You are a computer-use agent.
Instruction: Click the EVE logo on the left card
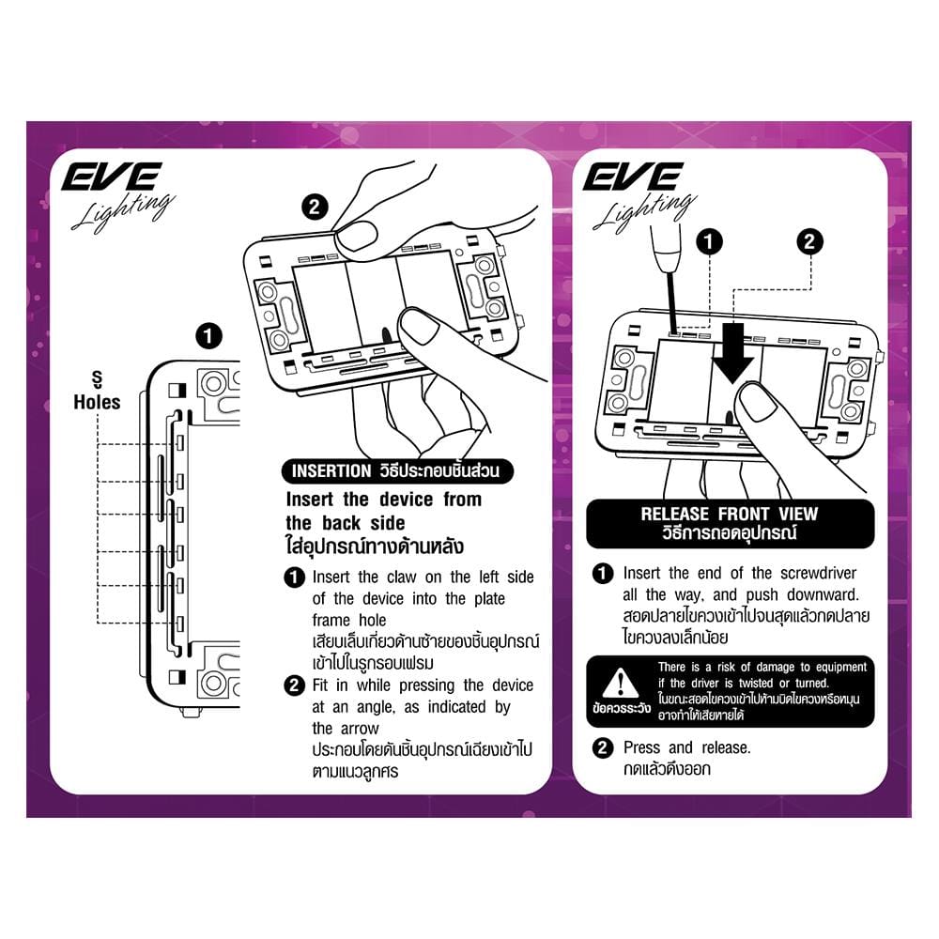(x=112, y=177)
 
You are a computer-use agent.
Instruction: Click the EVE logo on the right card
(x=633, y=177)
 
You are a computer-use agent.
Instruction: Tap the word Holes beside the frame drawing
(x=97, y=402)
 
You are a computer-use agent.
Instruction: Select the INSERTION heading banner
(x=397, y=471)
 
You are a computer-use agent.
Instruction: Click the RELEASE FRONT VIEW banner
(x=730, y=523)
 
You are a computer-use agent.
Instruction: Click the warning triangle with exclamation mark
(x=621, y=683)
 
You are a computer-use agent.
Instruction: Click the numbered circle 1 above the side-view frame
(x=208, y=336)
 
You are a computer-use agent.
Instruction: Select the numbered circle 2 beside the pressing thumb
(x=315, y=208)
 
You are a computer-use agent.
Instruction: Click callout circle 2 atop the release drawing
(x=809, y=241)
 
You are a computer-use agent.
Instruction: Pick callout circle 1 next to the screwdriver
(x=709, y=241)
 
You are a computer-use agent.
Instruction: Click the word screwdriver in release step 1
(x=818, y=573)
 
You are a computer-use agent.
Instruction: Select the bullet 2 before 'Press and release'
(x=603, y=748)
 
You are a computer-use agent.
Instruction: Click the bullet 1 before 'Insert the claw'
(x=294, y=577)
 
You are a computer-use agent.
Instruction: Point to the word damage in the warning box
(x=777, y=667)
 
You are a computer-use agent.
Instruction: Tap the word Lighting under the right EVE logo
(x=645, y=210)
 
